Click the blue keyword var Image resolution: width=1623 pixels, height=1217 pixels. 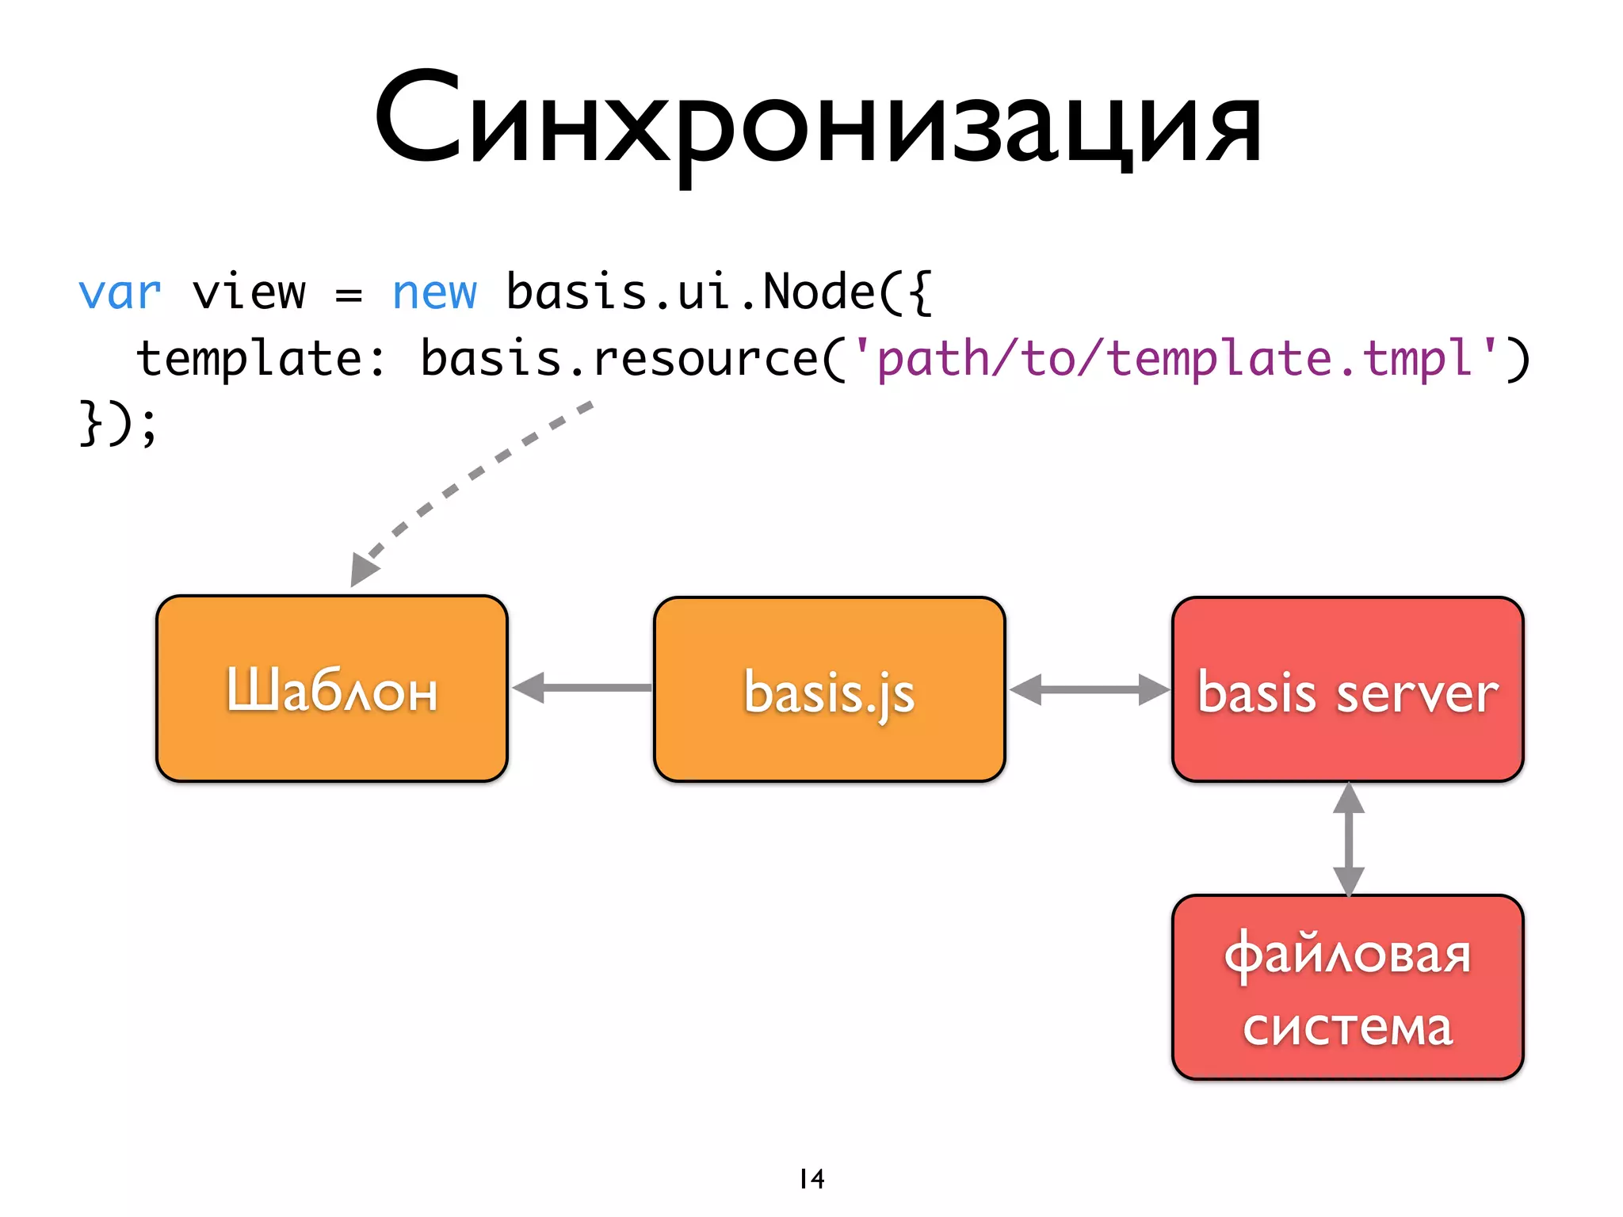[x=120, y=293]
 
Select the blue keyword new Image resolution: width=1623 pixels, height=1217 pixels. [x=434, y=293]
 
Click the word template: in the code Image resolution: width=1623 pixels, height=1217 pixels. [x=260, y=359]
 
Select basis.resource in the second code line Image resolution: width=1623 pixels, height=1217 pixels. [x=618, y=359]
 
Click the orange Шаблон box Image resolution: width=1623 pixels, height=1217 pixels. [x=331, y=689]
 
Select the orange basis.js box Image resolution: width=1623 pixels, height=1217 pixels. [x=829, y=689]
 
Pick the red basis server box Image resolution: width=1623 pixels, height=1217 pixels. [x=1347, y=689]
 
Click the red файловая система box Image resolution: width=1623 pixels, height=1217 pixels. [x=1347, y=987]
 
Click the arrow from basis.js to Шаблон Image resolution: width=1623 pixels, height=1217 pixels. [x=582, y=688]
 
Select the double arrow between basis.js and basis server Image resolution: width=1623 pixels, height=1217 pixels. [x=1089, y=689]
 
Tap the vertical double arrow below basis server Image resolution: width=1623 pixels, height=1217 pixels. [x=1348, y=839]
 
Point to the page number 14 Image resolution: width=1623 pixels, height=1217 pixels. [x=811, y=1179]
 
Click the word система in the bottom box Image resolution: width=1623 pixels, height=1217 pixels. [x=1347, y=1028]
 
